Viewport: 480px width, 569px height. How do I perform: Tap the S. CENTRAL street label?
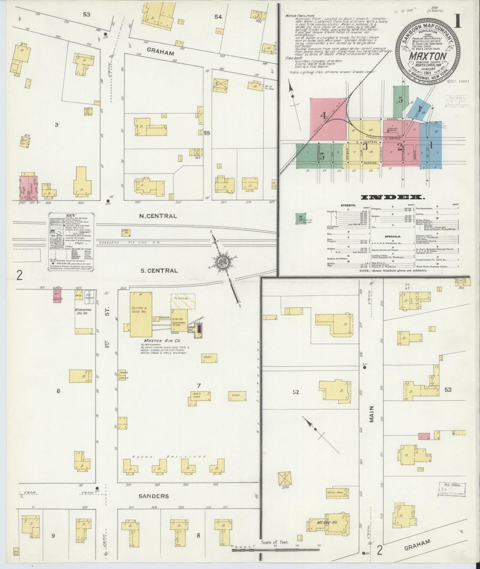click(159, 271)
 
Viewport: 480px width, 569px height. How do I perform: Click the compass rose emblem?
click(222, 262)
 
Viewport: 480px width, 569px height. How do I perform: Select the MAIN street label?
click(371, 414)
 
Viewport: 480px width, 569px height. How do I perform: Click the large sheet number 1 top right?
click(458, 21)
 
